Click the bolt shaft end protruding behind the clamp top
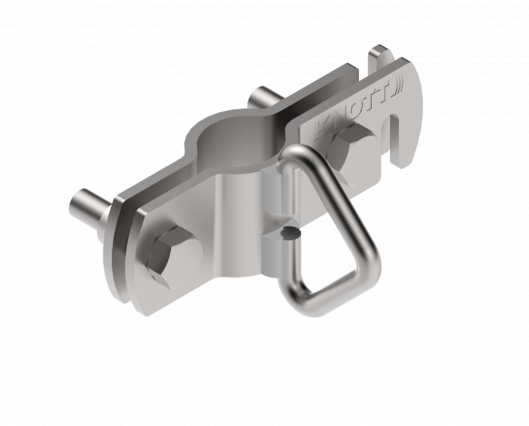pos(262,96)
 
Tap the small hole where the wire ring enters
pos(289,235)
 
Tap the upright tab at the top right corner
pos(377,56)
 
